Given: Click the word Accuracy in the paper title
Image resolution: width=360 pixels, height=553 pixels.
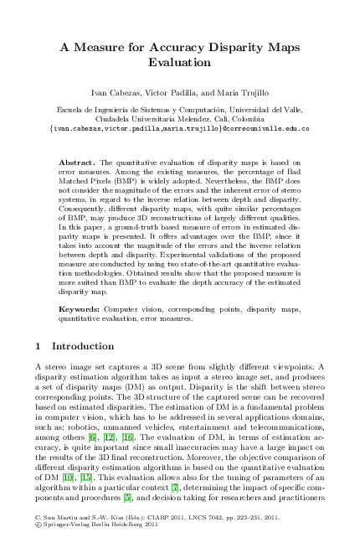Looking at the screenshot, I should (x=163, y=48).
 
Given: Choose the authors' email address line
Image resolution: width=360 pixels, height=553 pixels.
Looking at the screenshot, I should (x=180, y=129).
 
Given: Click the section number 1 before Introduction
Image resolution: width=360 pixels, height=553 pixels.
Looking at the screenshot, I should (x=42, y=346).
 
